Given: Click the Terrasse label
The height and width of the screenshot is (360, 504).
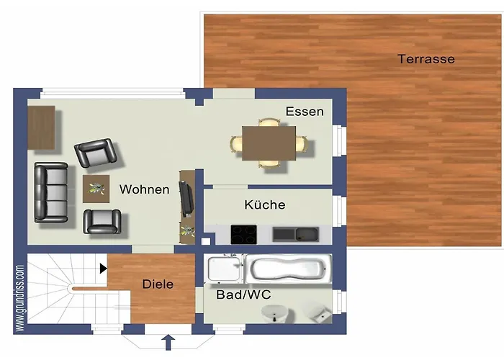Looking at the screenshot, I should tap(426, 59).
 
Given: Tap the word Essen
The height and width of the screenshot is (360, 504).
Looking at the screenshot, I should tap(305, 112).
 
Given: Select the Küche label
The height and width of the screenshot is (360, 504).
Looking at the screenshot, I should tap(265, 205).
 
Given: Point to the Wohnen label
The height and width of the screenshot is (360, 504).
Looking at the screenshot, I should tap(144, 189).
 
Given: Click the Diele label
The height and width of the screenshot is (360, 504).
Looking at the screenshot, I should tap(158, 284).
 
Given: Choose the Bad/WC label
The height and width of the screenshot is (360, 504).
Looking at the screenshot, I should tap(243, 294).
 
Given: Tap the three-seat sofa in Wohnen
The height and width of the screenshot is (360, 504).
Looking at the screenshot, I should tap(52, 192).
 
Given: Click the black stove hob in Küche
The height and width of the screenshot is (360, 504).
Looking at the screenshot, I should tap(243, 235).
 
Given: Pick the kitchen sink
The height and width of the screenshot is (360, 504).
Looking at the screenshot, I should tap(296, 234).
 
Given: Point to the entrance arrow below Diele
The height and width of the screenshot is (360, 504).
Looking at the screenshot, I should tap(168, 341).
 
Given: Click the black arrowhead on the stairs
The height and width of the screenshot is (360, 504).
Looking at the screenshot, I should tap(104, 269).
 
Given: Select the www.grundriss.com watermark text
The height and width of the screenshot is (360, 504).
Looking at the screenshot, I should tap(20, 298).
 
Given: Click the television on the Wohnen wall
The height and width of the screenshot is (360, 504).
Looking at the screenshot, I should tap(186, 198).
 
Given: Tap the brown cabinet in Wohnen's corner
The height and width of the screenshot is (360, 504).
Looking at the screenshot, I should tap(42, 128).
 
